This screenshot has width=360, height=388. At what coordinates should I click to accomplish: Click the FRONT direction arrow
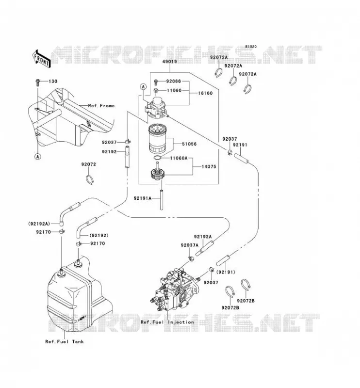[x=41, y=59]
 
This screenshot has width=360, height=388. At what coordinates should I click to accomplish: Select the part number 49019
[x=170, y=62]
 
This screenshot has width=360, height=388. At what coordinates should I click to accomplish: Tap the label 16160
[x=205, y=93]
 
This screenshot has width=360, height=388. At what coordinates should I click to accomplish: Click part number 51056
[x=189, y=144]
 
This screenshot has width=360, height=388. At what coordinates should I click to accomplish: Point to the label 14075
[x=209, y=166]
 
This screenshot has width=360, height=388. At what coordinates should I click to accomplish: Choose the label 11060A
[x=179, y=158]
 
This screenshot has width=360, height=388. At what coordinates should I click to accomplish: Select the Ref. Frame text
[x=101, y=106]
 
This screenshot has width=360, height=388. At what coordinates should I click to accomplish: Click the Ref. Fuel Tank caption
[x=65, y=342]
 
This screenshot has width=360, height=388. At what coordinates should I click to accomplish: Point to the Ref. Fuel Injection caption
[x=167, y=322]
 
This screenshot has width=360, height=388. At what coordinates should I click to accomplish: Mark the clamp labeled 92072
[x=90, y=179]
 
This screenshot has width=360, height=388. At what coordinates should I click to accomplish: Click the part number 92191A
[x=143, y=198]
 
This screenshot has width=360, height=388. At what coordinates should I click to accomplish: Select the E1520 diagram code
[x=251, y=47]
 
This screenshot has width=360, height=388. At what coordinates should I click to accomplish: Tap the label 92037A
[x=190, y=245]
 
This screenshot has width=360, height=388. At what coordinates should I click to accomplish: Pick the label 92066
[x=174, y=81]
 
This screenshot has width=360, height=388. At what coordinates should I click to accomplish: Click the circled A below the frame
[x=38, y=157]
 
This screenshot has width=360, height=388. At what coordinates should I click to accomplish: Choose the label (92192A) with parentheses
[x=39, y=224]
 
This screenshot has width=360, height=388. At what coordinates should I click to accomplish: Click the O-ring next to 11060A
[x=157, y=158]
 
